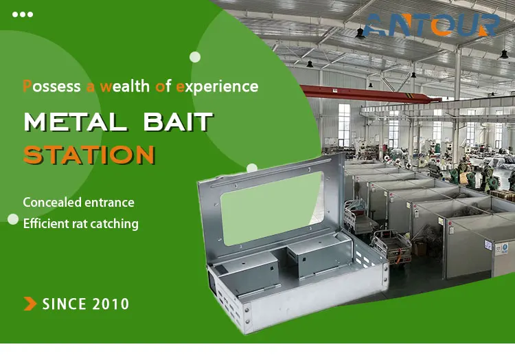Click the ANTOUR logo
click(432, 25)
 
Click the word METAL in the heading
click(76, 122)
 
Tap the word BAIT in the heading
click(179, 122)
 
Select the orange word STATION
click(89, 155)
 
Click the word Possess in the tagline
click(51, 87)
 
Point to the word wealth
click(125, 87)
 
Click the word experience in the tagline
click(217, 87)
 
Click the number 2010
click(111, 304)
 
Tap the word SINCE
click(65, 304)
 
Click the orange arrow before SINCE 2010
click(30, 304)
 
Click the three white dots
click(23, 14)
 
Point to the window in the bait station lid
click(273, 208)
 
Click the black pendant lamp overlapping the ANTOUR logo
click(360, 33)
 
